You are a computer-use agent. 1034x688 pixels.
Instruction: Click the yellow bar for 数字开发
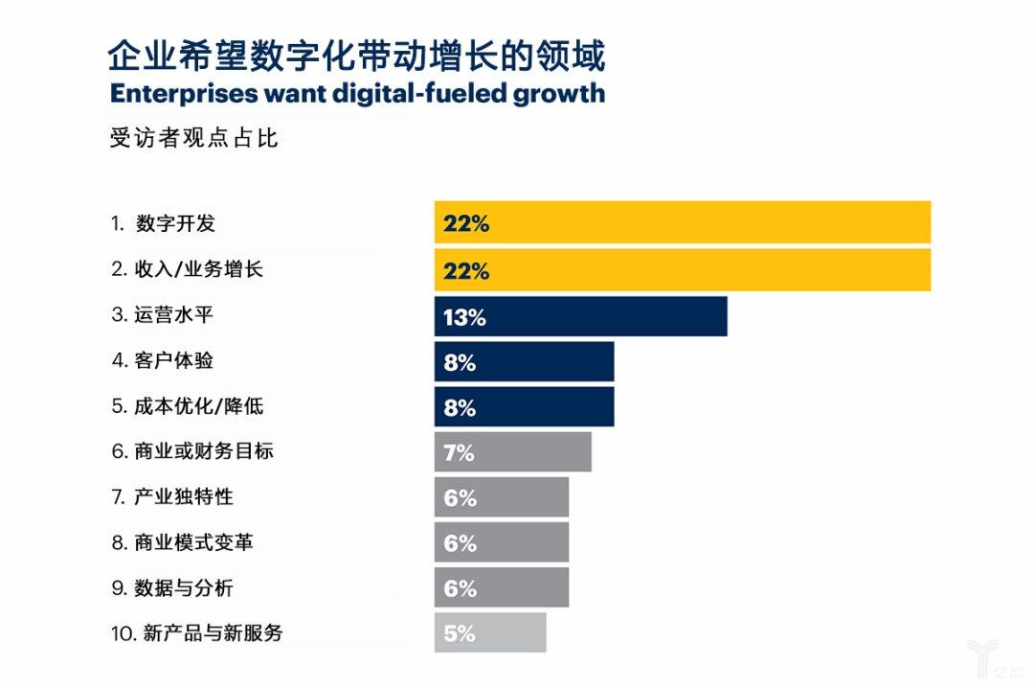tap(682, 222)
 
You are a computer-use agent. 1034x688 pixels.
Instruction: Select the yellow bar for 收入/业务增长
tap(682, 269)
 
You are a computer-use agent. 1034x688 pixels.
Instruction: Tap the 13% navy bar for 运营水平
tap(580, 315)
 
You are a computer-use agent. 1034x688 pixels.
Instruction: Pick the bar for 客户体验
tap(524, 361)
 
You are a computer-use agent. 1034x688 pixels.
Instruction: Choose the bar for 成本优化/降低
tap(524, 406)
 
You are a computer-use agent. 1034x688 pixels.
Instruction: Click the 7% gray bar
tap(512, 451)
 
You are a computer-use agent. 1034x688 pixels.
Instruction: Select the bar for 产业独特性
tap(501, 497)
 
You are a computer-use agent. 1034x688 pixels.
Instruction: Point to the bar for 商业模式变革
tap(501, 542)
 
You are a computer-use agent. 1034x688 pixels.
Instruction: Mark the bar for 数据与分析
tap(501, 587)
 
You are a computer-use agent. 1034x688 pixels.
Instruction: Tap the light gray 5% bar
tap(489, 632)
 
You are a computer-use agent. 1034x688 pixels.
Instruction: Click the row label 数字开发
tap(175, 223)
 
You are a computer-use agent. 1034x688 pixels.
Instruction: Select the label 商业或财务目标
tap(205, 450)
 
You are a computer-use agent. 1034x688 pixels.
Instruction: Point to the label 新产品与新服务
tap(213, 632)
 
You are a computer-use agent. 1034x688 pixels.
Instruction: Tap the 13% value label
tap(464, 317)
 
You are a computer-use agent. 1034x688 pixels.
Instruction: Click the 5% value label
tap(460, 633)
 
